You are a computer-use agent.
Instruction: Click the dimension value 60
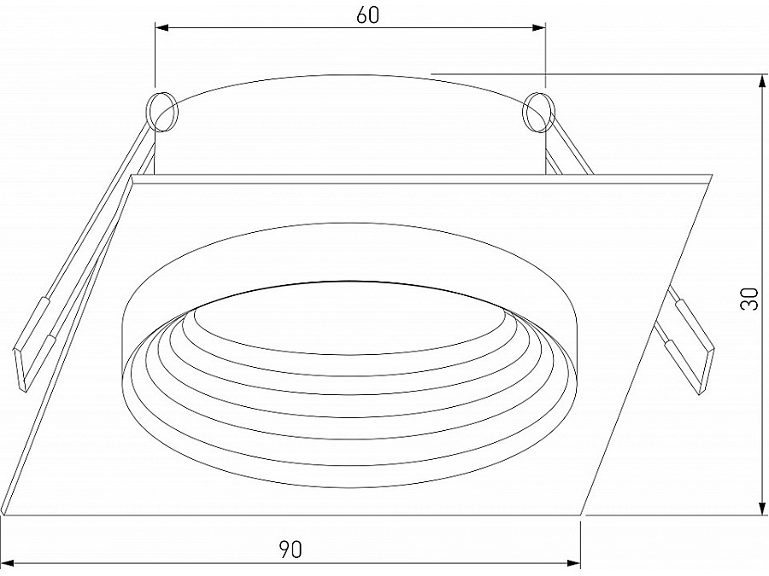click(367, 15)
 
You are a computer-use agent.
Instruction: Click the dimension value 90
click(291, 550)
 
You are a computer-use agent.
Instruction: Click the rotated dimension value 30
click(750, 298)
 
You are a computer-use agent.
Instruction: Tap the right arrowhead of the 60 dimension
click(538, 29)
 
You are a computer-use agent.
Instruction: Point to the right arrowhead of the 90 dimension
click(573, 561)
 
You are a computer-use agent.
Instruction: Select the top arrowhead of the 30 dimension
click(762, 81)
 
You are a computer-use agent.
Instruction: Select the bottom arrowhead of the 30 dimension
click(762, 508)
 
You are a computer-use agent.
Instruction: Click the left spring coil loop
click(161, 112)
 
